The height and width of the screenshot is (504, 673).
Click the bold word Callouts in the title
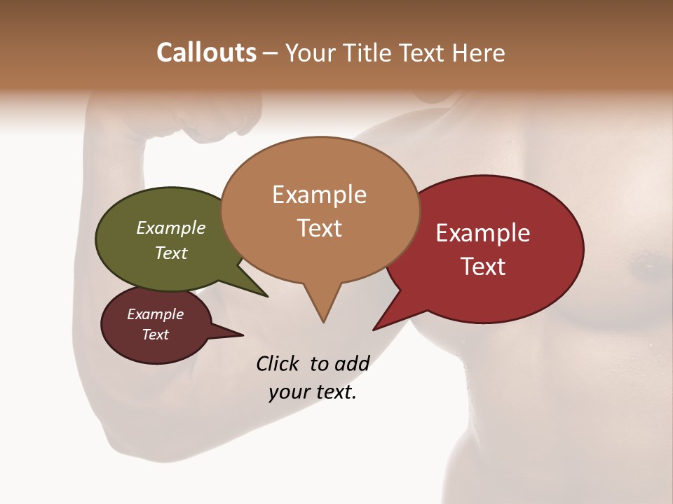tap(206, 52)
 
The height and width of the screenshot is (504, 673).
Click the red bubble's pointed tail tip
tap(374, 329)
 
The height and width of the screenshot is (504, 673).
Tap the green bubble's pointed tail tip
tap(266, 296)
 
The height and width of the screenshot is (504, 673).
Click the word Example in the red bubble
tap(483, 233)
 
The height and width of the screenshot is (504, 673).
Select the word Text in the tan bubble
tap(320, 228)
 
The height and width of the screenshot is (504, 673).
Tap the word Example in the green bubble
tap(171, 227)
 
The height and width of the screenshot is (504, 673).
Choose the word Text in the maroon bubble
tap(156, 335)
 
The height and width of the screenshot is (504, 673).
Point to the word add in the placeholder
tap(351, 363)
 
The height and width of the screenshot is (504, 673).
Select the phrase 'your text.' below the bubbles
tap(313, 392)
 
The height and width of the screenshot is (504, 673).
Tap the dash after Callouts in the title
tap(271, 53)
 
